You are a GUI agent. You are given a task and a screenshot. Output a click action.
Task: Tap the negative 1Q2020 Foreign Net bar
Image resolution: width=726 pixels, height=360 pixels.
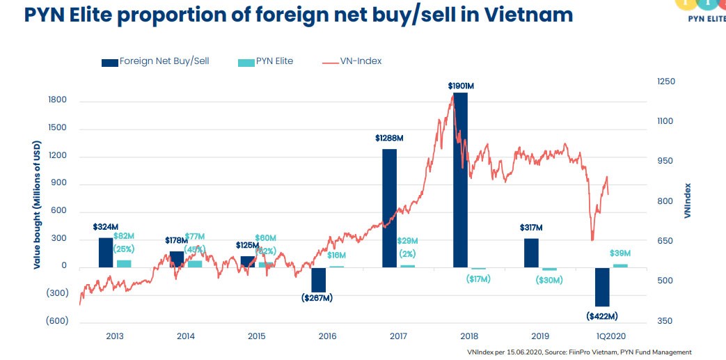point(602,286)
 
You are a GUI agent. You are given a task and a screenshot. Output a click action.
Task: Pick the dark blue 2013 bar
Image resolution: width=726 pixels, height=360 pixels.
point(106,252)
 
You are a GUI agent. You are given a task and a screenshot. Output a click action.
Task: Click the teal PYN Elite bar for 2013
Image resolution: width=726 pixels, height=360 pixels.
point(124,263)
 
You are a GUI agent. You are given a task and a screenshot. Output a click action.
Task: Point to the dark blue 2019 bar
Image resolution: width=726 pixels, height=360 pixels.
point(531,252)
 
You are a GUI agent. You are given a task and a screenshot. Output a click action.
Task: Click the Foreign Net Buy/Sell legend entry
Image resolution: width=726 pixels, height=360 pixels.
point(155,61)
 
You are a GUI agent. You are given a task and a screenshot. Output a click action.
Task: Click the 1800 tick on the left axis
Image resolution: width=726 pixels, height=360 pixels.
point(58,100)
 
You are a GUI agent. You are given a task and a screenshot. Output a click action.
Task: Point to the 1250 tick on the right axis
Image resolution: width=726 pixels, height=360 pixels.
point(666,81)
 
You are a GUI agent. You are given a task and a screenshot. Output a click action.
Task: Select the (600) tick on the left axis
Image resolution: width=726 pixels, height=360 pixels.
point(57,321)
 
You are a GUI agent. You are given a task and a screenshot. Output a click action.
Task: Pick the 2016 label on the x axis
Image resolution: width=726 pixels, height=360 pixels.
point(327,336)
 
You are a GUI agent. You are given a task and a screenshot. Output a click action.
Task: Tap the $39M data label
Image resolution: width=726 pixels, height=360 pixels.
point(620,253)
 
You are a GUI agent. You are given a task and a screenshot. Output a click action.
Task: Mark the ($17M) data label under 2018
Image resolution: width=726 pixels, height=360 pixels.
point(478,279)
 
